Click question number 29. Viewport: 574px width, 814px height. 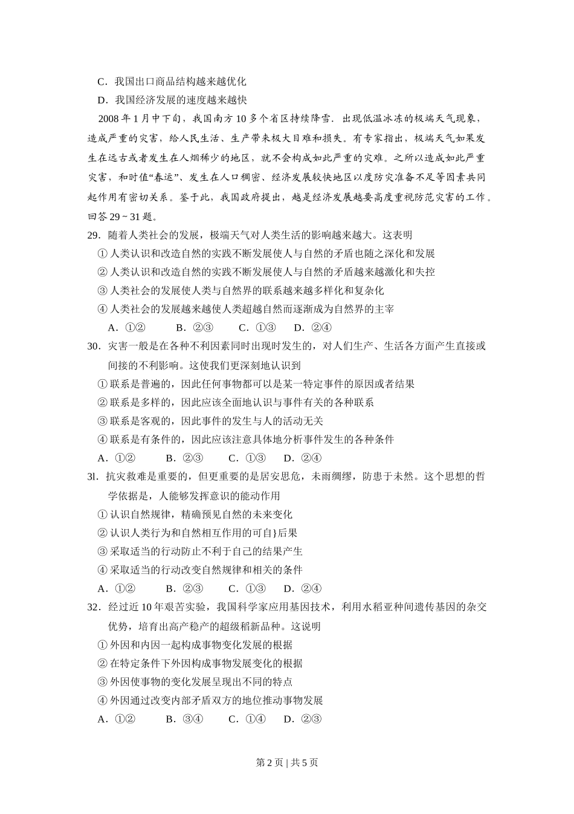[93, 235]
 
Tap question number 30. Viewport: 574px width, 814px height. [93, 347]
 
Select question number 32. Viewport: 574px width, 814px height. [93, 607]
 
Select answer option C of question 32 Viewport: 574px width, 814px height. [247, 719]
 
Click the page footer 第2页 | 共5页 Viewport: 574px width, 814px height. [287, 763]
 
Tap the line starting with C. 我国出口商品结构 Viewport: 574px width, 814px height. [172, 81]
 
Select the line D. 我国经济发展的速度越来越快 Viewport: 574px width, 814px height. [172, 100]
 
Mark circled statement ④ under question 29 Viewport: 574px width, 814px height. [245, 309]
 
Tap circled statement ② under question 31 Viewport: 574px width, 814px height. [197, 533]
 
